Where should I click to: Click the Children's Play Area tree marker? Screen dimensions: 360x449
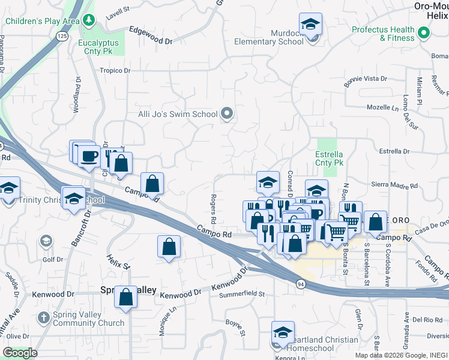[89, 21]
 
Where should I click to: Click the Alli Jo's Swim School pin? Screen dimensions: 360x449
[227, 113]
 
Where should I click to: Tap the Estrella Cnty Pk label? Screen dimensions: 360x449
[329, 158]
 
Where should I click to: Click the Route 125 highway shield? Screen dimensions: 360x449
[62, 37]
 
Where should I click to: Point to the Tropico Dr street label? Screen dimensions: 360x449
[115, 70]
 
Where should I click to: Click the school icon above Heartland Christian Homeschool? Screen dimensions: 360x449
[283, 332]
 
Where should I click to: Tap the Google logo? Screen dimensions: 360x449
[20, 353]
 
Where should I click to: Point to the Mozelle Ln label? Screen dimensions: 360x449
[383, 108]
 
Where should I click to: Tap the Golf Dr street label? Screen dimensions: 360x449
[52, 260]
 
